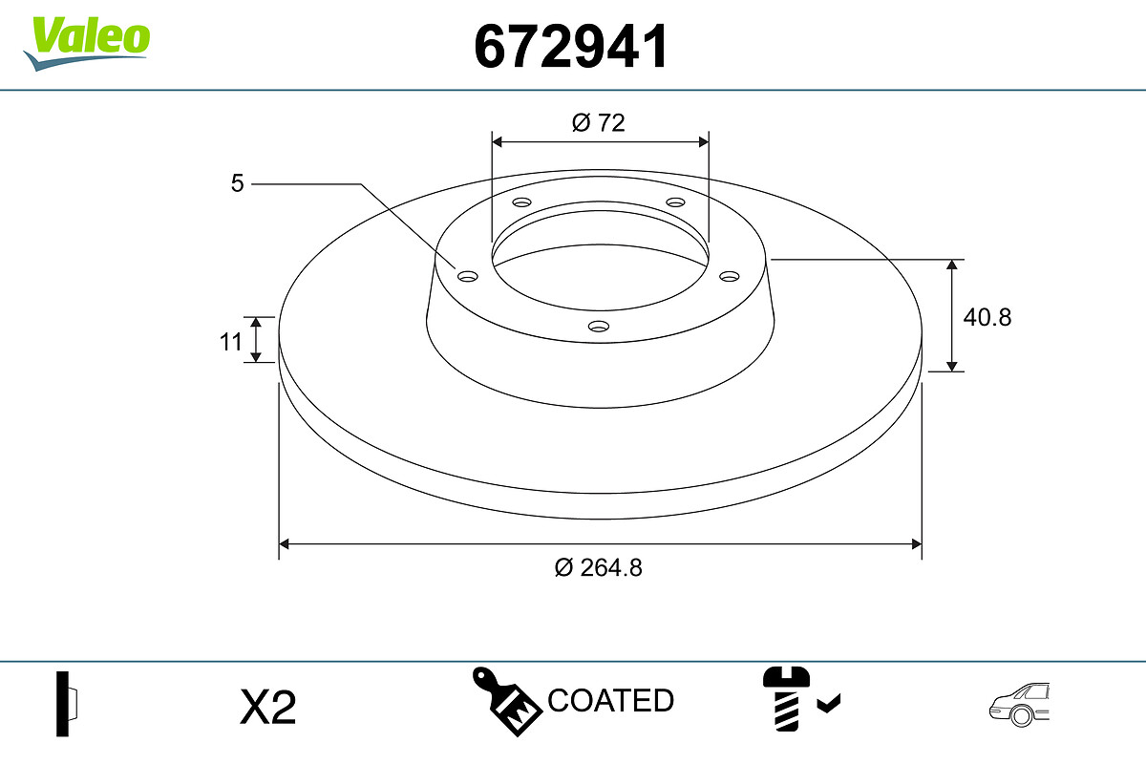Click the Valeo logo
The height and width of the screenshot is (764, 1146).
pos(87,44)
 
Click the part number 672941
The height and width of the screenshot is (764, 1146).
pos(571,47)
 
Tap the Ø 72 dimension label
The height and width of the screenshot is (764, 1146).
pos(598,123)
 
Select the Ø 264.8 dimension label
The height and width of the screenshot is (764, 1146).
pos(598,568)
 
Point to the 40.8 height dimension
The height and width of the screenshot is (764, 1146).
pos(987,317)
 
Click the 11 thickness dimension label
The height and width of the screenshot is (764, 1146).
pos(230,342)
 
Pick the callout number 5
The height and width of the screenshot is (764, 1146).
pos(238,183)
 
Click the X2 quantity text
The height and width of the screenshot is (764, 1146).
pos(267,708)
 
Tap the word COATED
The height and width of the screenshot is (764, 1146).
pos(610,701)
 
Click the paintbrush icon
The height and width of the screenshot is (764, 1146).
pos(507,701)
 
